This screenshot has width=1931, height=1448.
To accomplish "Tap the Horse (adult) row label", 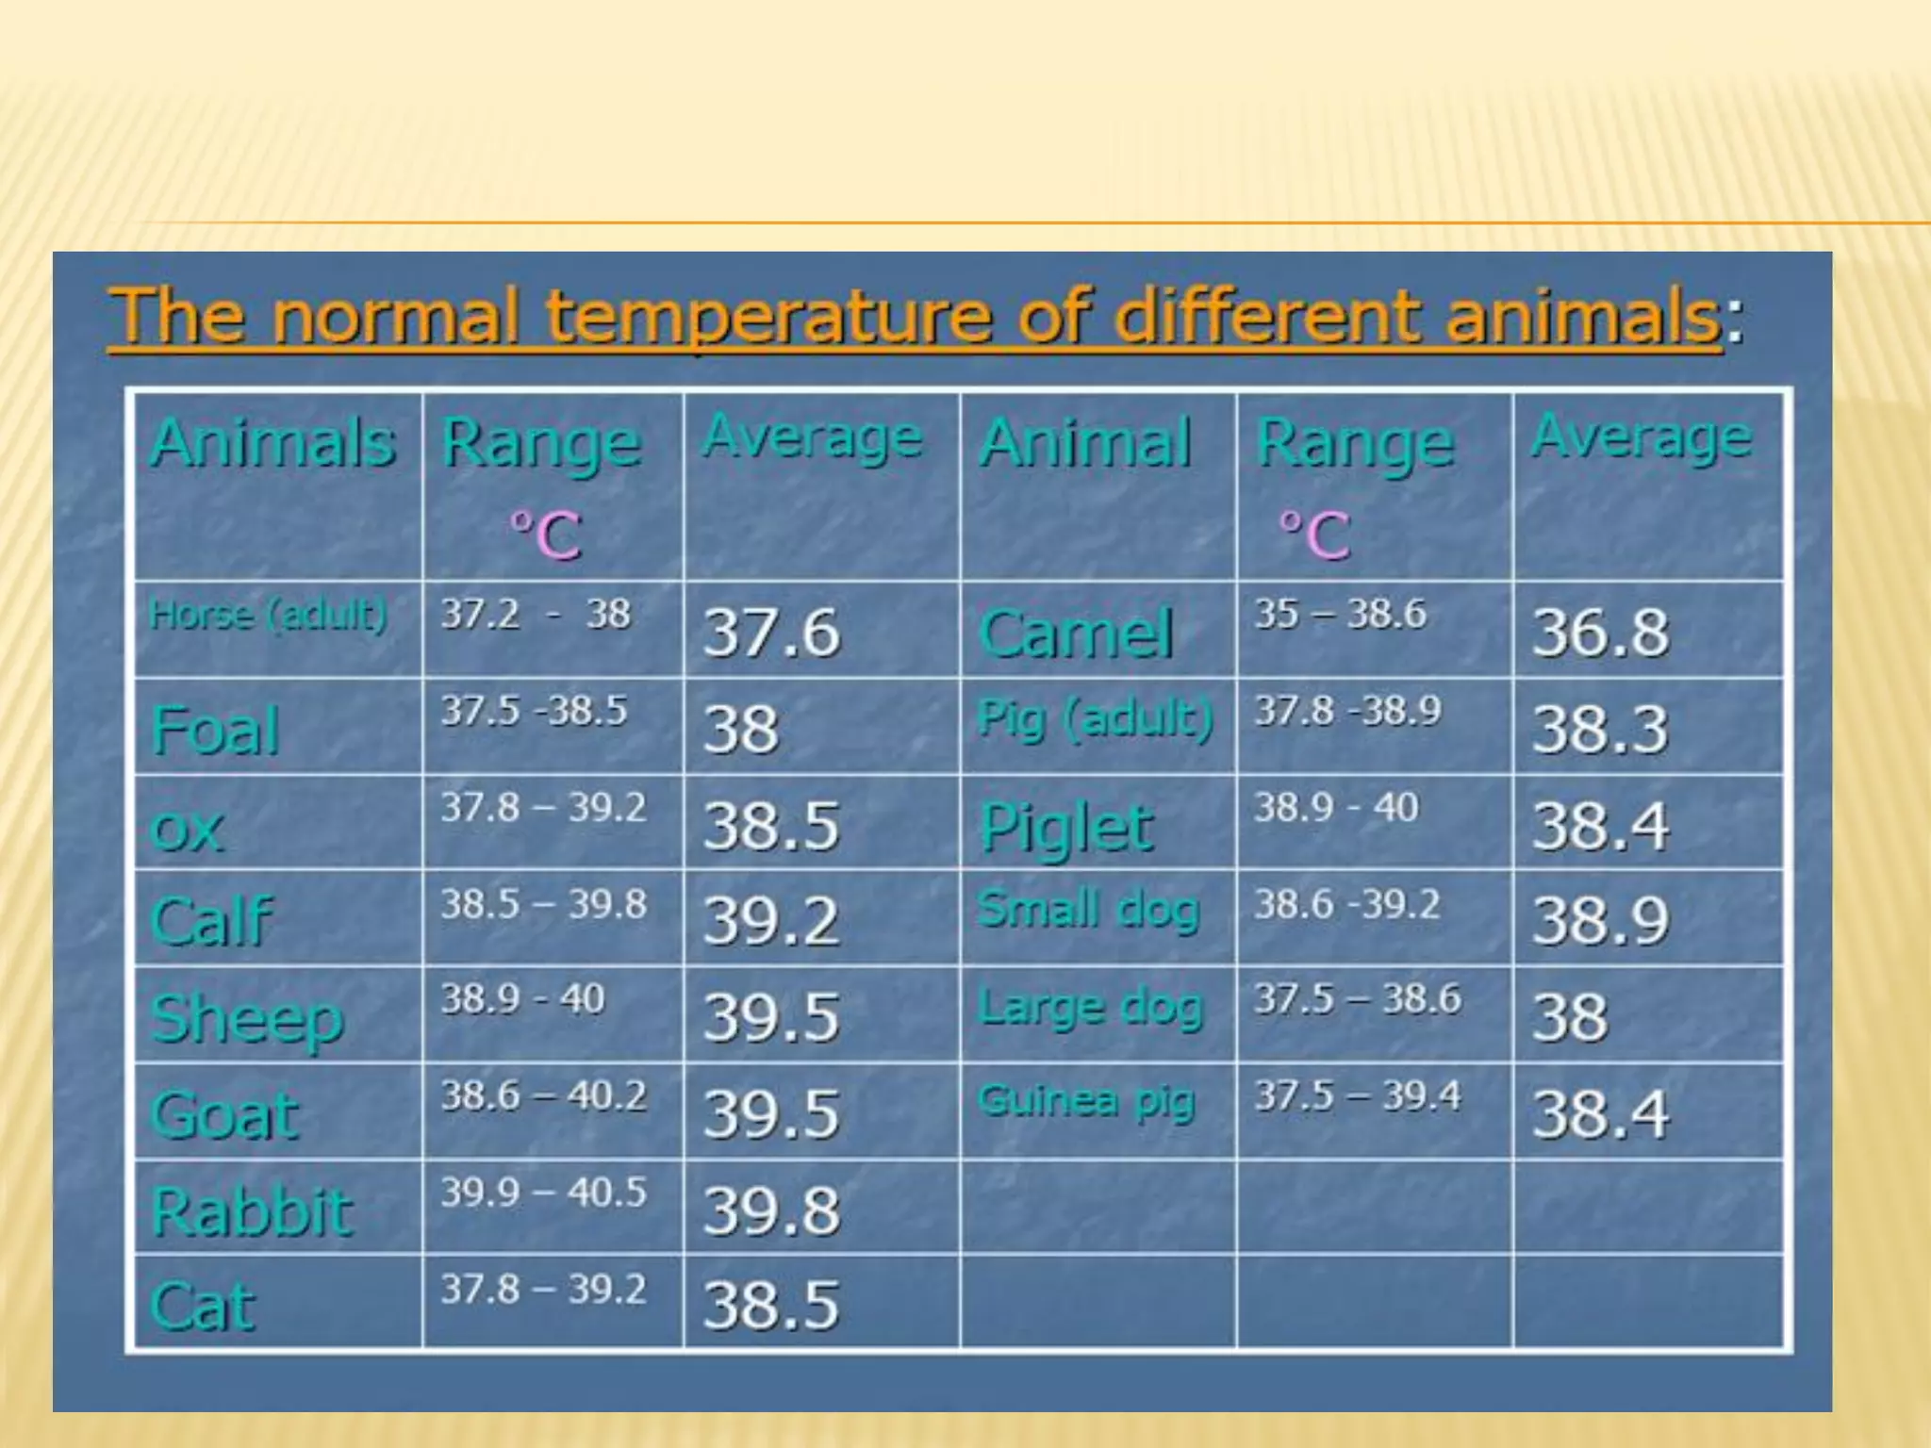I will pos(269,615).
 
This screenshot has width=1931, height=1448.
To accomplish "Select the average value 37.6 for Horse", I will pos(770,632).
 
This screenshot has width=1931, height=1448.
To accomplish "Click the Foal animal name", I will pos(216,731).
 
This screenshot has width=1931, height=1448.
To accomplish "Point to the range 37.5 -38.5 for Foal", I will pos(534,711).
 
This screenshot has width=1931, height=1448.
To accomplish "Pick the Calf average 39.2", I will pos(770,921).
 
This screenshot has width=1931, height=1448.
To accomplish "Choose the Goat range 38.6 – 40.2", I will pos(544,1095).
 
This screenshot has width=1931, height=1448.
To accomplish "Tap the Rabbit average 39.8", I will pos(770,1210).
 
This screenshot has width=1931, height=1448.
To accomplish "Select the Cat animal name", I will pos(203,1307).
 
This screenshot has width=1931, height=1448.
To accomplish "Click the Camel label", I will pos(1076,633).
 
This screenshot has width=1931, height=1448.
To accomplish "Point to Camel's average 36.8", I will pos(1600,632).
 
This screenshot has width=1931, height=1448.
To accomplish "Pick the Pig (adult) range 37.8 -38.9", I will pos(1347,711).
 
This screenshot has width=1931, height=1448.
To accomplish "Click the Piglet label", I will pos(1065,827).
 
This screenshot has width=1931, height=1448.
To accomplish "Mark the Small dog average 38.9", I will pos(1600,921).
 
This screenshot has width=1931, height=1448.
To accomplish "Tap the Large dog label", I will pos(1090,1007).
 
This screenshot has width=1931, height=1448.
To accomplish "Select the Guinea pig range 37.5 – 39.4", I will pos(1357,1095).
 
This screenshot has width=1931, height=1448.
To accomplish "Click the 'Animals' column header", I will pos(273,442).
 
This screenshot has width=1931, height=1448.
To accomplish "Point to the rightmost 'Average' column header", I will pos(1642,437).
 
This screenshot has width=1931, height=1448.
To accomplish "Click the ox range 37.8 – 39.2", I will pos(544,808).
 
